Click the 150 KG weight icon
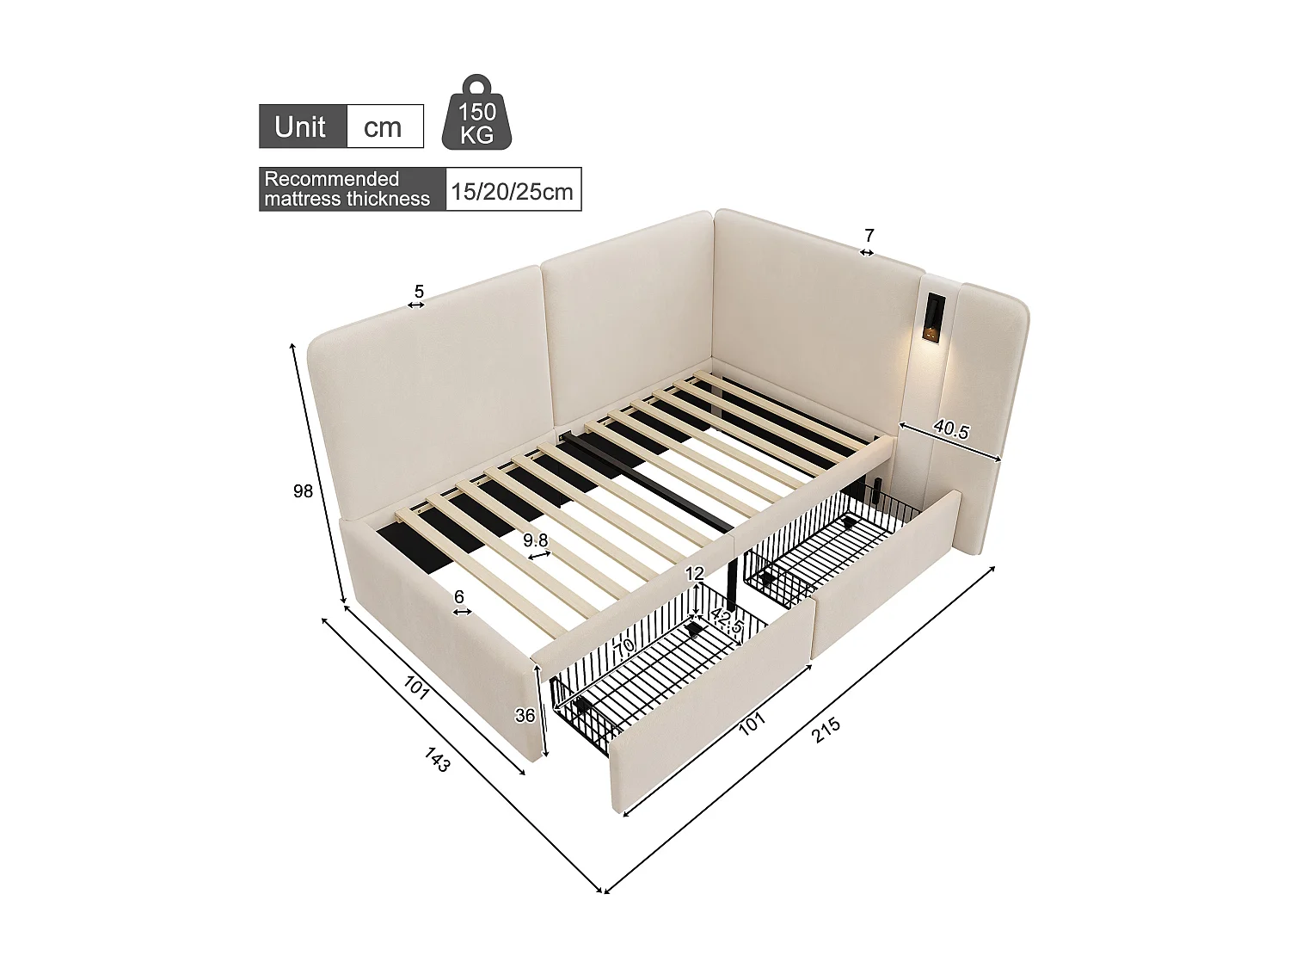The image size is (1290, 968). click(476, 114)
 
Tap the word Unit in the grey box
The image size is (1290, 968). click(300, 127)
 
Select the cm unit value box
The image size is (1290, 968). click(383, 127)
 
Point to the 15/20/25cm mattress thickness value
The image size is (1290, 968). click(512, 190)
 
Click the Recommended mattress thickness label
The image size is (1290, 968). click(347, 189)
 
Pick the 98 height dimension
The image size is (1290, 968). click(303, 491)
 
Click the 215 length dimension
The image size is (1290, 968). click(826, 730)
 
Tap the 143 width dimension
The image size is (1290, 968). click(437, 759)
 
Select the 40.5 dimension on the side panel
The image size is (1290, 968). click(951, 430)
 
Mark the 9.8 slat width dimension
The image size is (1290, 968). click(536, 540)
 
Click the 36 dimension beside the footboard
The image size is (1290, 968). click(525, 715)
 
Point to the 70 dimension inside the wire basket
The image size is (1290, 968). click(623, 645)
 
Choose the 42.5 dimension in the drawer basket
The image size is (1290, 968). click(727, 622)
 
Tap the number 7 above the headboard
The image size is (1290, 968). click(869, 235)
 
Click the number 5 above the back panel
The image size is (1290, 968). click(419, 293)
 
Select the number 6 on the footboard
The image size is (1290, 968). click(459, 596)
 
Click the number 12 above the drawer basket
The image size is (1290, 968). click(695, 574)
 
